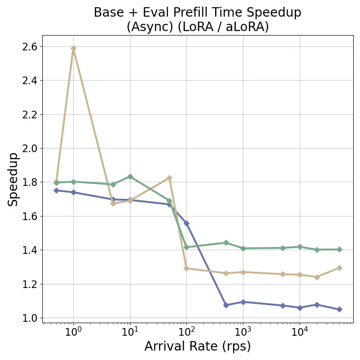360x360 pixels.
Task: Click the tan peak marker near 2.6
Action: [73, 48]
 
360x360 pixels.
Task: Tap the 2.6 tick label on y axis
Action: [29, 47]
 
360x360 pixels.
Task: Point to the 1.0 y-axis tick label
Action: [29, 318]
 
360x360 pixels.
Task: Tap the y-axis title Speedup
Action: [13, 179]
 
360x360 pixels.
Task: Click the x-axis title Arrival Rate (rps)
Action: [198, 346]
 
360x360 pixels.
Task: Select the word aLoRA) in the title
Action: [247, 27]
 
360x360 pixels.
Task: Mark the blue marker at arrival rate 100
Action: [186, 223]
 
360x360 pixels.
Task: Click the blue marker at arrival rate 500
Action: [226, 305]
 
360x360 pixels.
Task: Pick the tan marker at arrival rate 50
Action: [169, 178]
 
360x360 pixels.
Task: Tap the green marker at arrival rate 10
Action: [130, 176]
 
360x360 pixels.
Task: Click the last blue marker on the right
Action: [339, 309]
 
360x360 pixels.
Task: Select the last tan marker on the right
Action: [339, 268]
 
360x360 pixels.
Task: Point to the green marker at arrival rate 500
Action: [226, 243]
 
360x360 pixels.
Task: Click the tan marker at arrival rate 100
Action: [186, 268]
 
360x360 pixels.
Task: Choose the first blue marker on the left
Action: [56, 190]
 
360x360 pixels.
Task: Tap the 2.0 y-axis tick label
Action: [29, 148]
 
